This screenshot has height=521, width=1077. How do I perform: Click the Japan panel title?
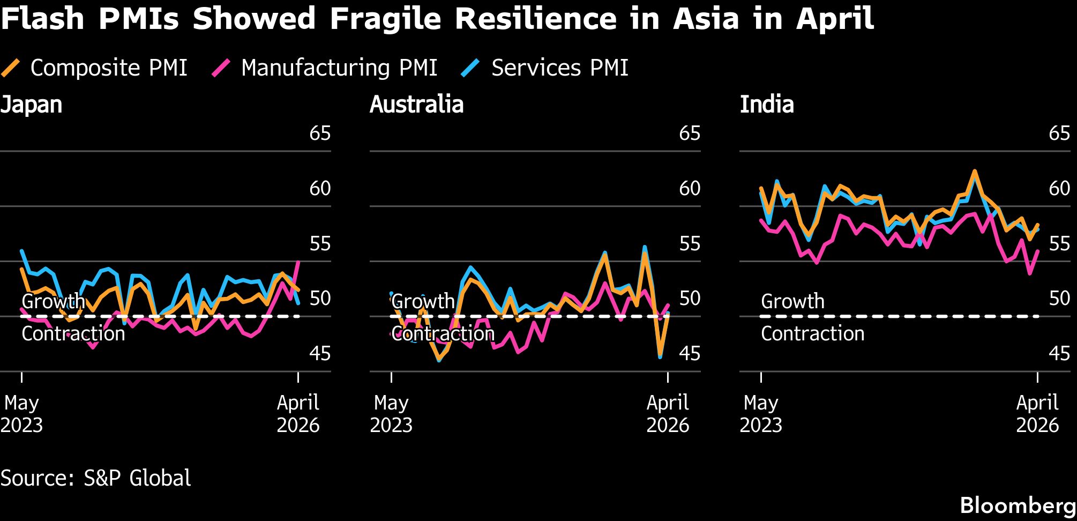click(31, 105)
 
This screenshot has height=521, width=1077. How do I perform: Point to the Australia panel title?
click(416, 105)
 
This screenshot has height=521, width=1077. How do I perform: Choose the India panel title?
click(766, 105)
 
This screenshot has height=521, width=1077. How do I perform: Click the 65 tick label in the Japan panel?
click(320, 133)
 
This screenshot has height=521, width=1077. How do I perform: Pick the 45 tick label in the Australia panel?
click(690, 354)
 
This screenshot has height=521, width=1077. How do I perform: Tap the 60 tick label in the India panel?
click(1059, 189)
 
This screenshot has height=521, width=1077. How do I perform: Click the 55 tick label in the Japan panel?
click(320, 244)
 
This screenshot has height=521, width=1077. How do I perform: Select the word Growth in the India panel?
click(792, 302)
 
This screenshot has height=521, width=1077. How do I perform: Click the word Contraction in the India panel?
click(812, 334)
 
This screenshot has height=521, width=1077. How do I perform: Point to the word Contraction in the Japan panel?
click(73, 334)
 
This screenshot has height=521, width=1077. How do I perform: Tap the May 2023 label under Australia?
click(391, 414)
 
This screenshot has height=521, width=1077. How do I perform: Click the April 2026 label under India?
click(1037, 414)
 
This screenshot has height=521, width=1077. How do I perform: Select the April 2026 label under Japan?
click(298, 414)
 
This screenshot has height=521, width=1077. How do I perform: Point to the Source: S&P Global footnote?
click(95, 478)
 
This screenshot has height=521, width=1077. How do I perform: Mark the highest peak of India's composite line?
click(974, 172)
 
